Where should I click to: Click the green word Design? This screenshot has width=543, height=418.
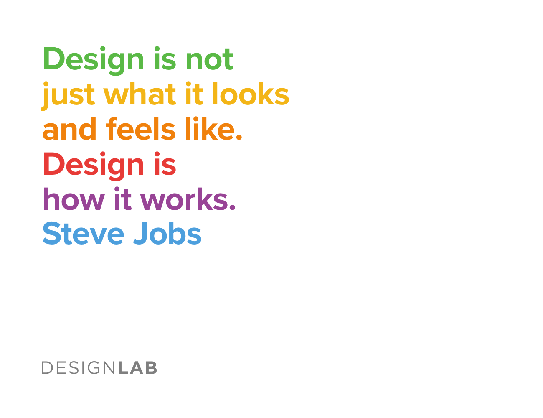[93, 60]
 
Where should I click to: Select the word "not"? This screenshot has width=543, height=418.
[209, 60]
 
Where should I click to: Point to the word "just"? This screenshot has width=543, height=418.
[68, 95]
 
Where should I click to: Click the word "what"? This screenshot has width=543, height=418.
[140, 94]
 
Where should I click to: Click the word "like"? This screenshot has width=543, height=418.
[208, 129]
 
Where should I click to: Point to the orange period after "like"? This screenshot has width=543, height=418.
[239, 137]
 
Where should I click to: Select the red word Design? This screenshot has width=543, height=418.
[93, 165]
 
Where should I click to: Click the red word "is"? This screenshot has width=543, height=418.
[165, 164]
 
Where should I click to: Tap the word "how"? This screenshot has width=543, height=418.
[74, 200]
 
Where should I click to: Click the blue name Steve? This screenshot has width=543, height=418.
[83, 234]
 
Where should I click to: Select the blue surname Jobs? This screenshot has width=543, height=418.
[167, 234]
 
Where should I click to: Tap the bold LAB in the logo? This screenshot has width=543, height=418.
[137, 368]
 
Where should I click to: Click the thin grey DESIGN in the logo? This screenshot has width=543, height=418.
[78, 368]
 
